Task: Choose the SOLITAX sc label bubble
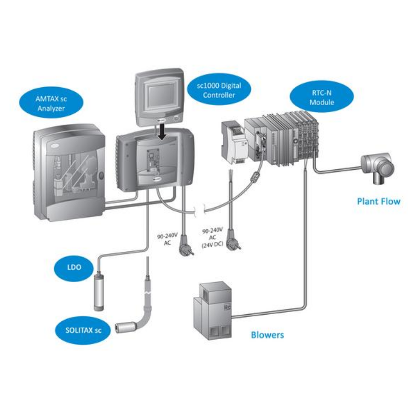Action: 82,330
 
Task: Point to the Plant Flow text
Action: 377,201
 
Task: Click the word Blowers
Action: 267,335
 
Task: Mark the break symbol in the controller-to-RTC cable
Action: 200,210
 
